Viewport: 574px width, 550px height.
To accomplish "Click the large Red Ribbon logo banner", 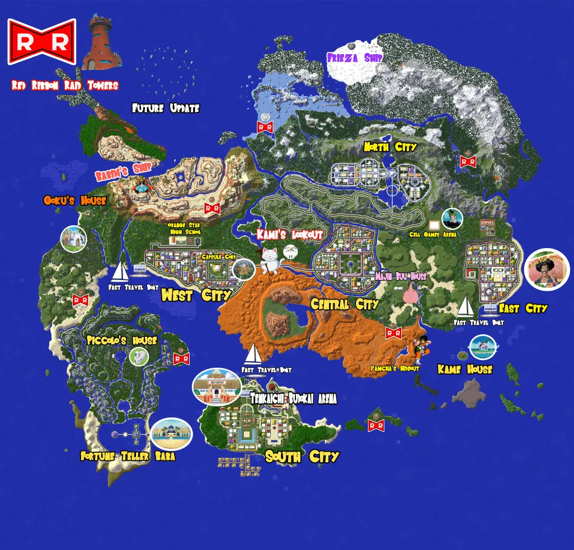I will tap(41, 41).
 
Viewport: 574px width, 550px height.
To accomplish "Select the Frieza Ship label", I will tap(355, 58).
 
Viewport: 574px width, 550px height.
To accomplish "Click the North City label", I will tap(390, 147).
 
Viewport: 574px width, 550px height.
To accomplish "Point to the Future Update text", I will tap(166, 108).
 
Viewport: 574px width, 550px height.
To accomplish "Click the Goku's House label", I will tap(74, 200).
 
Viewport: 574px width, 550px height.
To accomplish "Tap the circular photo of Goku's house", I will tap(74, 239).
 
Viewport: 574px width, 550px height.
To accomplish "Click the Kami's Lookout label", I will tap(290, 234).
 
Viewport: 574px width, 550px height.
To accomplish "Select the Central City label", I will tap(345, 305).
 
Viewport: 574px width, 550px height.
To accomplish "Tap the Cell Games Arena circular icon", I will tap(451, 220).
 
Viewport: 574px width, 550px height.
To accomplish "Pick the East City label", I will tap(523, 308).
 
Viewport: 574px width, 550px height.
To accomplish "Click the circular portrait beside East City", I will tap(547, 269).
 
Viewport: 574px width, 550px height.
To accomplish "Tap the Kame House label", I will tap(464, 369).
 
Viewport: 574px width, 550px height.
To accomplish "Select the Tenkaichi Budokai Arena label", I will tap(293, 399).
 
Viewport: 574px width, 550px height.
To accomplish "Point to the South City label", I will tap(302, 457).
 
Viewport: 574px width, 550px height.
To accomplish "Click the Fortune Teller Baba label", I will tap(128, 456).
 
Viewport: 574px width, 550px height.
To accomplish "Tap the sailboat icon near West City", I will tap(120, 272).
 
